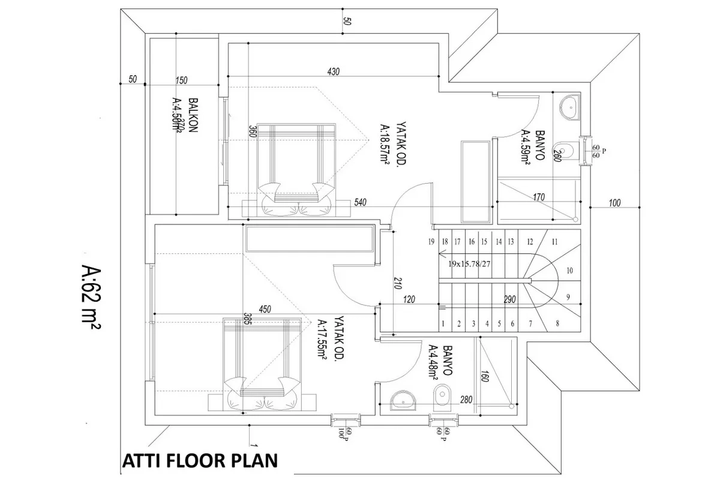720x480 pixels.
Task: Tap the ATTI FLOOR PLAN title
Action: tap(200, 461)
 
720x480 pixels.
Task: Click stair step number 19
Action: tap(431, 242)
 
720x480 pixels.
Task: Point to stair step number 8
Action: tap(557, 323)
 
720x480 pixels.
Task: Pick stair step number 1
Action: tap(443, 323)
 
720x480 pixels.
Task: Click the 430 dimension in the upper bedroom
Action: tap(334, 72)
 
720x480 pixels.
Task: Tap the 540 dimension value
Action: tap(360, 202)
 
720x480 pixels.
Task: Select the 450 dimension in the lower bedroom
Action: tap(265, 309)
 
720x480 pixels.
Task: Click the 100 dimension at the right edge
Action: tap(614, 202)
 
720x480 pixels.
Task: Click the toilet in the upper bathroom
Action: tap(564, 150)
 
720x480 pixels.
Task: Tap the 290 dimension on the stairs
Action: tap(511, 299)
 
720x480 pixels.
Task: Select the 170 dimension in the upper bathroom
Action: tap(538, 196)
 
